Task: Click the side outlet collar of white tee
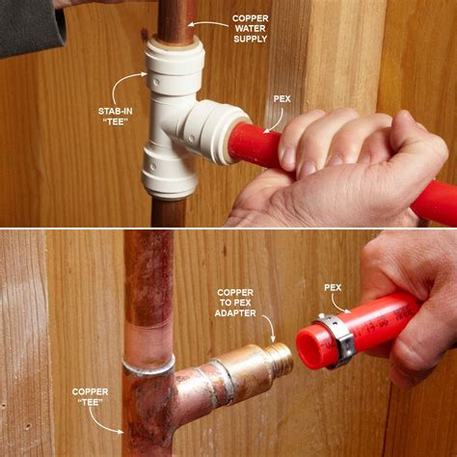[x=225, y=134]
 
